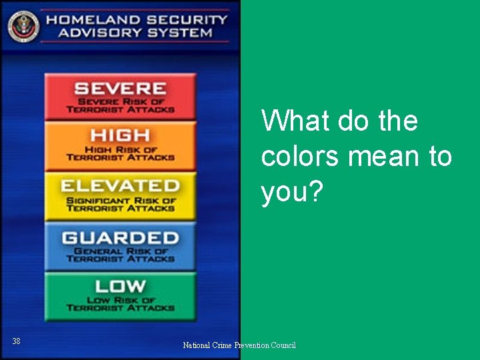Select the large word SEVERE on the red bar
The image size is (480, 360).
pos(120,88)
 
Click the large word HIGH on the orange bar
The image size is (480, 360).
pos(120,136)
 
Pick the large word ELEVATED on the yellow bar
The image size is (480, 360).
pos(120,186)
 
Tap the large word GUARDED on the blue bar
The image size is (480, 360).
pos(120,237)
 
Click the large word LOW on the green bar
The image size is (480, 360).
pos(120,287)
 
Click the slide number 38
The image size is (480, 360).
pos(16,341)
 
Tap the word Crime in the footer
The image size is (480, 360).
pos(223,345)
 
